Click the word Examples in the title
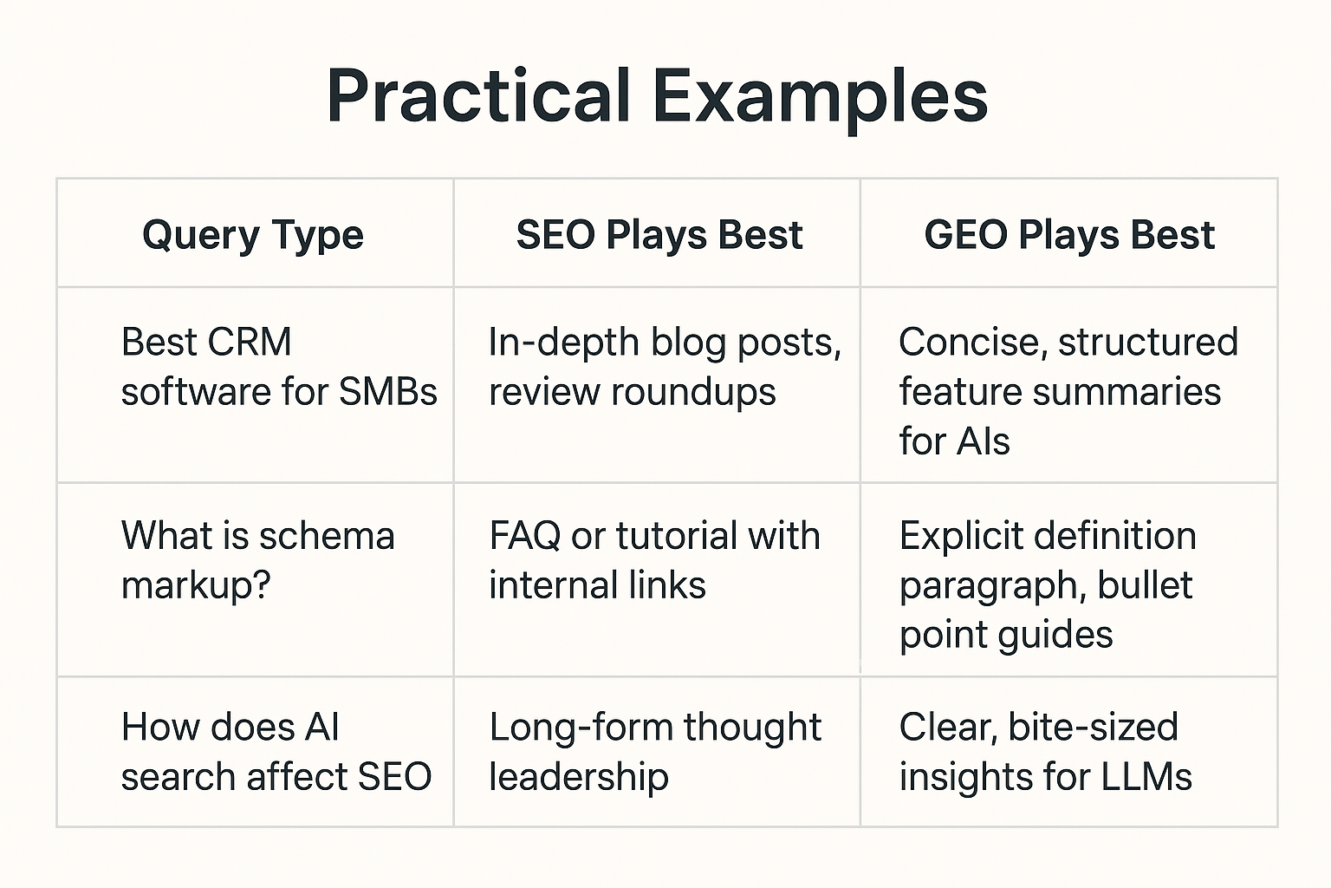coord(820,95)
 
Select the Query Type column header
coord(253,235)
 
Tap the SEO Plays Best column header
coord(659,235)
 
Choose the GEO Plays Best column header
coord(1069,235)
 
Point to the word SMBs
coord(388,392)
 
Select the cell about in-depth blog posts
coord(664,366)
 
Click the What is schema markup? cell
coord(257,560)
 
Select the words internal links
coord(597,585)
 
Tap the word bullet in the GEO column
coord(1145,585)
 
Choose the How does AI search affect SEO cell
coord(276,752)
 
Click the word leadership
coord(579,777)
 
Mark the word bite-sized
coord(1093,728)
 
